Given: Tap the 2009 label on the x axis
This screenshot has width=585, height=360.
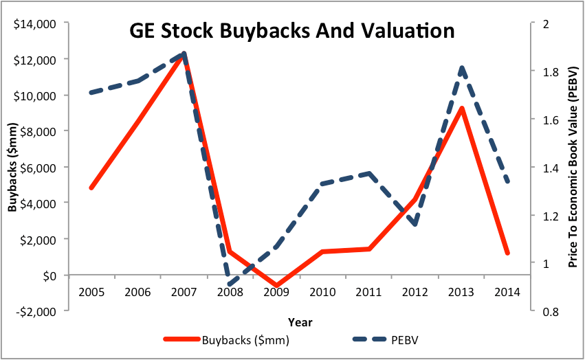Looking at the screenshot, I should pos(276,291).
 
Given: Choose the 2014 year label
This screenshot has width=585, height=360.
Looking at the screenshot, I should pos(507,291).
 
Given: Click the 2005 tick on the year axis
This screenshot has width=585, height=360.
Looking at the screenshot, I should pos(91,291).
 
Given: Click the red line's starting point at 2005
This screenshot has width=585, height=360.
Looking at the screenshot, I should pos(91,188).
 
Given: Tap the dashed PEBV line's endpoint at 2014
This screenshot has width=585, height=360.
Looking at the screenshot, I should pos(507,181).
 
